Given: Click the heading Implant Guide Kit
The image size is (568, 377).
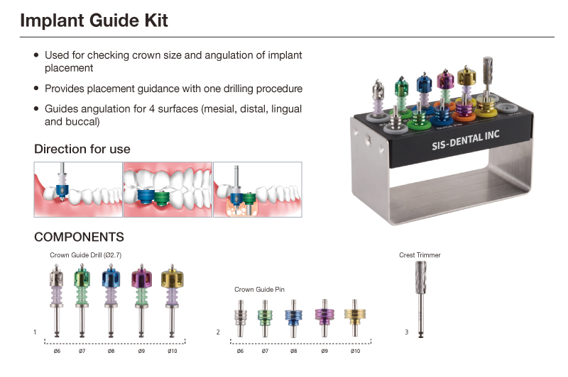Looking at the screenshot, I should pyautogui.click(x=94, y=21).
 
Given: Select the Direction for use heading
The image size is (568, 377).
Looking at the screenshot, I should pyautogui.click(x=82, y=150).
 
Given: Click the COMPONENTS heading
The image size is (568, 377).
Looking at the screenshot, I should pyautogui.click(x=79, y=237).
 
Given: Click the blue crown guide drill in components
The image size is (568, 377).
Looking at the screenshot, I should pyautogui.click(x=111, y=298).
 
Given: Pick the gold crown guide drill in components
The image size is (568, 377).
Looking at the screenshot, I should pyautogui.click(x=172, y=298).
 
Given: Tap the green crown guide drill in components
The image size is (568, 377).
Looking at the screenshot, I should pyautogui.click(x=82, y=298).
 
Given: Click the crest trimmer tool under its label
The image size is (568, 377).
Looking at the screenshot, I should pyautogui.click(x=419, y=298).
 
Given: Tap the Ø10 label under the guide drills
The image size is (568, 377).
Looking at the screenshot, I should pyautogui.click(x=172, y=351).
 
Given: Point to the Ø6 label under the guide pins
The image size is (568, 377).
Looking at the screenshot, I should pyautogui.click(x=239, y=351).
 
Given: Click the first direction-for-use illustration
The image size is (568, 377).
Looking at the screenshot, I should pyautogui.click(x=77, y=189).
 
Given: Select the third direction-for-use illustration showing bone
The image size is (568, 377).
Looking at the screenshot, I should pyautogui.click(x=257, y=189).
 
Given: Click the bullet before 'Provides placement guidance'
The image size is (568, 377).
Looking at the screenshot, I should pyautogui.click(x=36, y=89).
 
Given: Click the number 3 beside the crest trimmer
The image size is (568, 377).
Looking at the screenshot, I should pyautogui.click(x=406, y=332).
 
